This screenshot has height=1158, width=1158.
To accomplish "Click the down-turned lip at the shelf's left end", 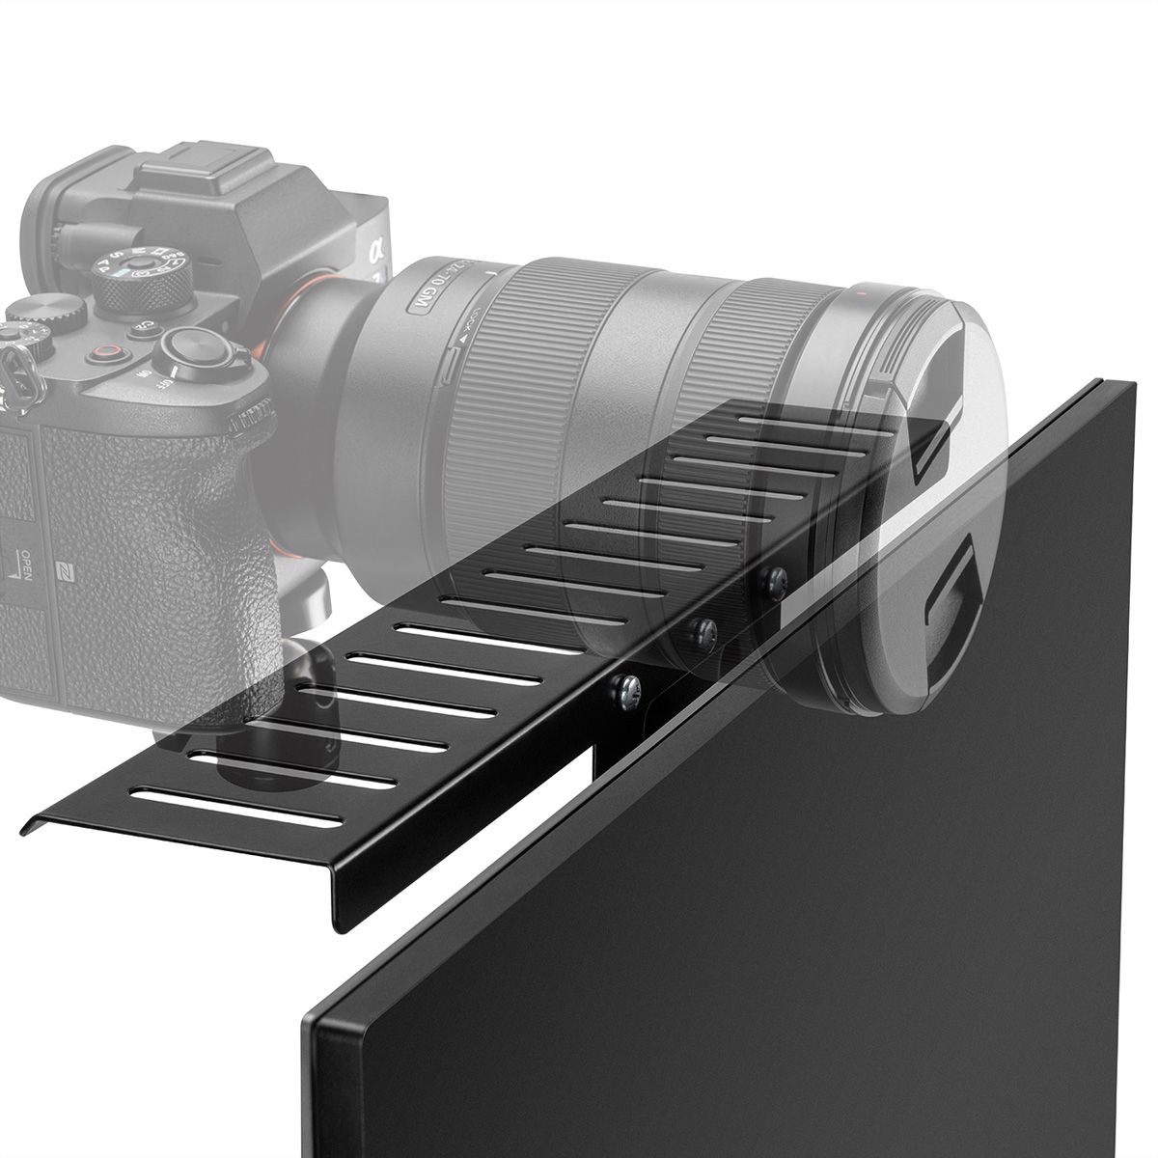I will (39, 823).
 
